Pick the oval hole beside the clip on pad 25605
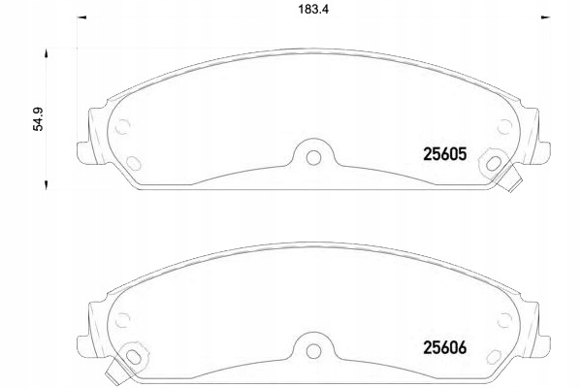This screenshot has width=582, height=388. click(x=496, y=162)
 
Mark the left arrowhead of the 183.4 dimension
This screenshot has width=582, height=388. click(x=81, y=16)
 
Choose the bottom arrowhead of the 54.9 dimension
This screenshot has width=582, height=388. click(x=45, y=183)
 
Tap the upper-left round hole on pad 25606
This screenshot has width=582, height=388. click(x=123, y=317)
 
